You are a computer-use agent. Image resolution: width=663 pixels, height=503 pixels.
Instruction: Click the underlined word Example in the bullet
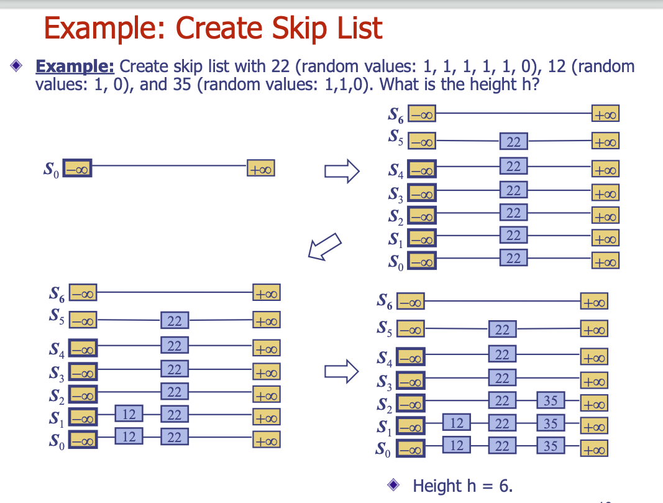coord(75,66)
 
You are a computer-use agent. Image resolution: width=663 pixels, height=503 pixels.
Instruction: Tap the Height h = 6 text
coord(463,485)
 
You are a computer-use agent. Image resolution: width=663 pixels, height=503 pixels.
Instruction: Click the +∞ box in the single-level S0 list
coord(261,168)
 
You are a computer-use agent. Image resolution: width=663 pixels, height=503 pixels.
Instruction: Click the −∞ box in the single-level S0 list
coord(78,168)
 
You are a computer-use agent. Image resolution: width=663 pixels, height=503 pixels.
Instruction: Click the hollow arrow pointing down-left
coord(325,246)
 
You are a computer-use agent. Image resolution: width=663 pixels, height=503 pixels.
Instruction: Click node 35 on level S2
coord(550,400)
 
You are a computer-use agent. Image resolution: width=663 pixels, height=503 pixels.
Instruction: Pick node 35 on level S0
coord(550,446)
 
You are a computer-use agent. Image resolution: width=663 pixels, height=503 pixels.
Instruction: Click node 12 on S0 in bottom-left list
coord(129,437)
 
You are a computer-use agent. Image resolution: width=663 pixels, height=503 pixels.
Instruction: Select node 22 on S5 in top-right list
coord(513,142)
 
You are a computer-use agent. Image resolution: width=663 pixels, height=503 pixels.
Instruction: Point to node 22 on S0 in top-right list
coord(513,257)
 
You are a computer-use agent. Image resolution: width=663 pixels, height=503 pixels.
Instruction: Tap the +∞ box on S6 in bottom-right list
coord(594,303)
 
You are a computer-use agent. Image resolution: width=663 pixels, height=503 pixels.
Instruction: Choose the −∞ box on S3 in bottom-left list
coord(83,373)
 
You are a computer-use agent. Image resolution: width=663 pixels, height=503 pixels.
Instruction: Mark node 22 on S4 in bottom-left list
coord(175,346)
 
